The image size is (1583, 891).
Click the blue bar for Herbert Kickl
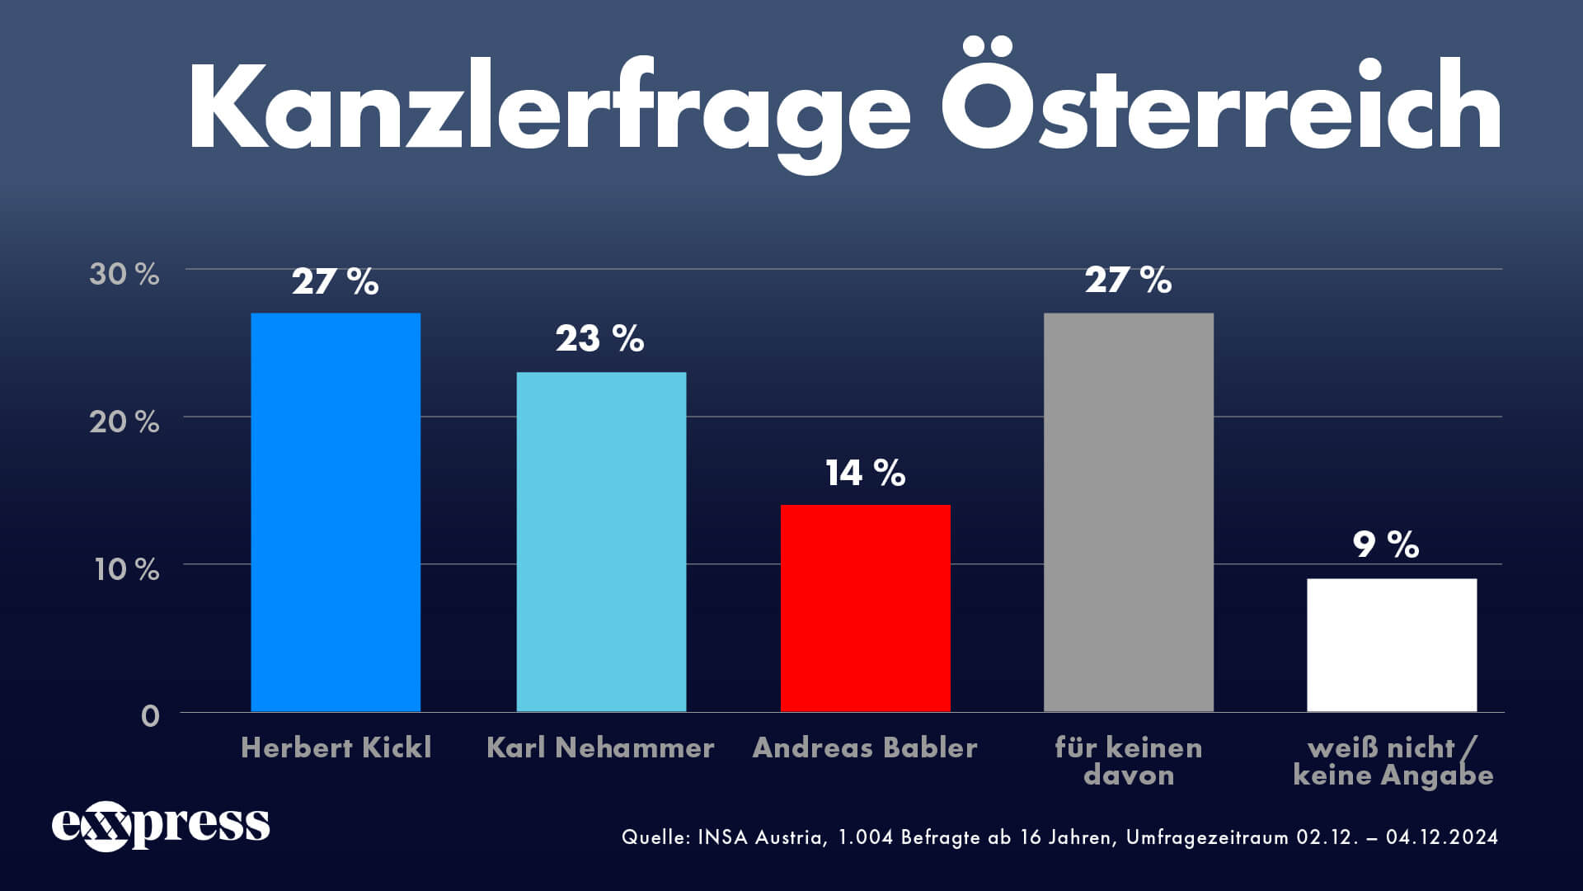336,511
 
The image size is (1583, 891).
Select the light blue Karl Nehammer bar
601,541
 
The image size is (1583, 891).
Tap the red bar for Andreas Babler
865,608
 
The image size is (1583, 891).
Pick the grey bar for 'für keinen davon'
1128,511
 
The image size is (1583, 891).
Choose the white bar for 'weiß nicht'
1392,644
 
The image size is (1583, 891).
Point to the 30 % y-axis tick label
124,274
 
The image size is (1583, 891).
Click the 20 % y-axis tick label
124,422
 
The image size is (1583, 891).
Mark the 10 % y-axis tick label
126,569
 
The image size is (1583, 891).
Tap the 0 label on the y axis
150,715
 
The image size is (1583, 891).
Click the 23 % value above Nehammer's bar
599,338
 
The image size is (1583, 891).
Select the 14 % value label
865,473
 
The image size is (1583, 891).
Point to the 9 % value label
1385,544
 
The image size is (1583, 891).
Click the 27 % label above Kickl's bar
335,281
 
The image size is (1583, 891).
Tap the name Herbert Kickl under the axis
336,747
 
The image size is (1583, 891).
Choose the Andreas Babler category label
864,747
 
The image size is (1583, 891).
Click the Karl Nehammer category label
600,747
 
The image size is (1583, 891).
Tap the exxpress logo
161,824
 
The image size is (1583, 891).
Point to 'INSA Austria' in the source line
760,837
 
